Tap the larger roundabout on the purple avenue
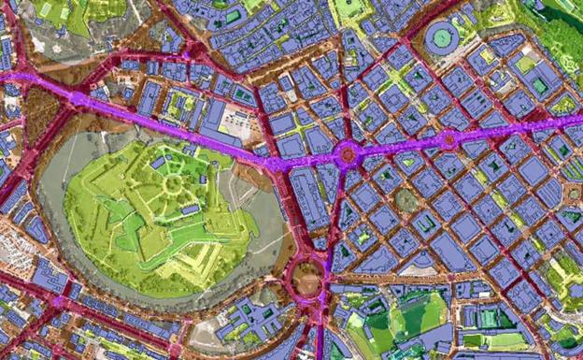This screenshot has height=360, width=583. (348, 153)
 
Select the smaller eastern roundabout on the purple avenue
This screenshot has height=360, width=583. (448, 140)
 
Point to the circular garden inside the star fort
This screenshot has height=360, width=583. (173, 183)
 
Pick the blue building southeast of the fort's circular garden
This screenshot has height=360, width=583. (191, 210)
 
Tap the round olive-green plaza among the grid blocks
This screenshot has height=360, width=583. (405, 200)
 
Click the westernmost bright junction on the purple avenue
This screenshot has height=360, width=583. (77, 97)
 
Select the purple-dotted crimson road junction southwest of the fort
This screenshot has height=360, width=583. (59, 301)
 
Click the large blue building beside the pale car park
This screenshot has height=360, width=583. (214, 116)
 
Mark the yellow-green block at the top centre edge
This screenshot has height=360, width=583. (350, 8)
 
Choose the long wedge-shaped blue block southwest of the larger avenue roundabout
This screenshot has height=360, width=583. (308, 196)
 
